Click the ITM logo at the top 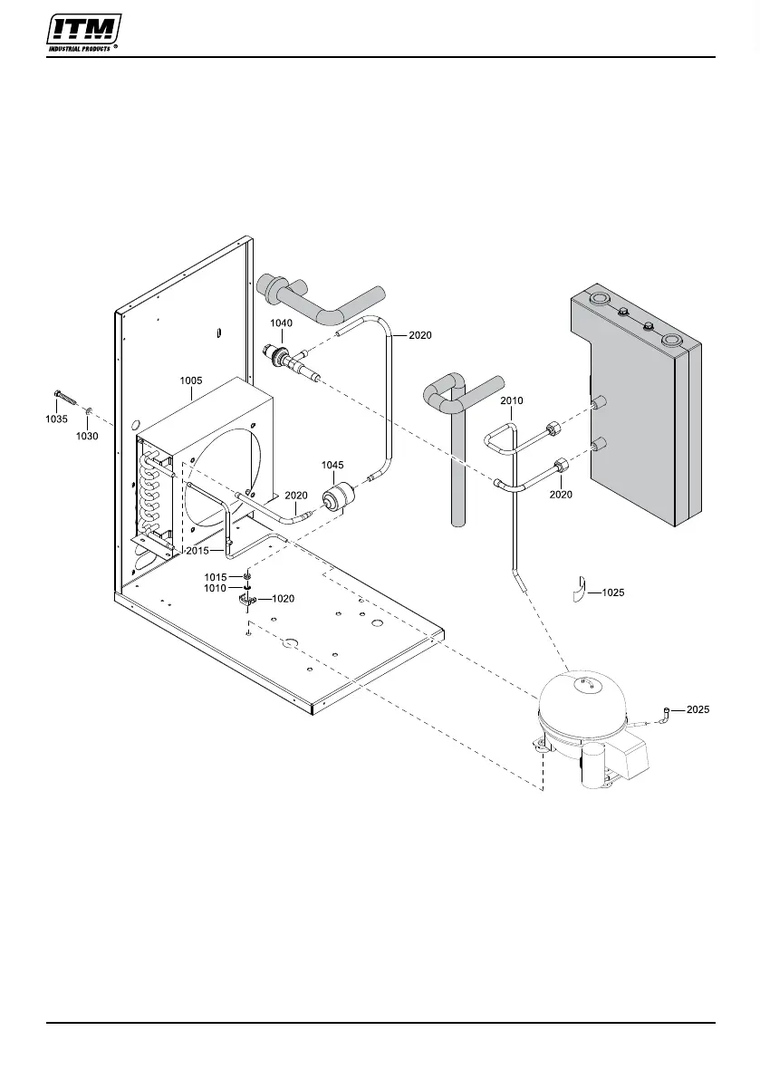click(x=84, y=34)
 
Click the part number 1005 click(x=190, y=381)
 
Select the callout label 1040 click(x=282, y=323)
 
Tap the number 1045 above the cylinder click(x=332, y=465)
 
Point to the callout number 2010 click(x=511, y=400)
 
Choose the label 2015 click(x=197, y=551)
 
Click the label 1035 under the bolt click(x=58, y=419)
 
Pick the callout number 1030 click(x=87, y=436)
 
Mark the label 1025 click(x=613, y=592)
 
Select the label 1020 click(x=284, y=599)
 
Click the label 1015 click(x=216, y=577)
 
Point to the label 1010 click(x=216, y=588)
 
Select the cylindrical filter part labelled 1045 click(x=337, y=496)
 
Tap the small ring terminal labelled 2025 click(x=666, y=712)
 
